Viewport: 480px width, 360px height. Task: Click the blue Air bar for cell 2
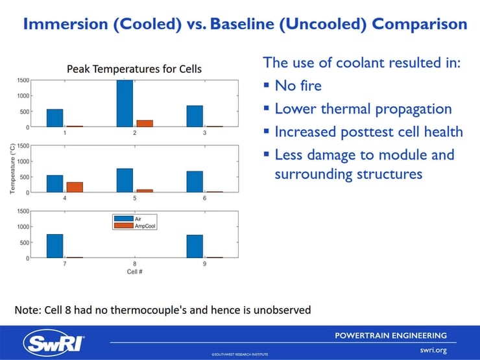pos(125,103)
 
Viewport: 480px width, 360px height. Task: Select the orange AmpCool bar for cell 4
pos(75,187)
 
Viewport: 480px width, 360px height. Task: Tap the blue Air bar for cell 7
pos(54,246)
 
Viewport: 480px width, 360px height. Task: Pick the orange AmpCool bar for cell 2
pos(145,123)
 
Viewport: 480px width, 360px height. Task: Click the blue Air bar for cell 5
pos(125,180)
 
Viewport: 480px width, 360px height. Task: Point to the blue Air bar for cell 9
pos(195,246)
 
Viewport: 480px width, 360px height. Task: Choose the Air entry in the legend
pos(127,219)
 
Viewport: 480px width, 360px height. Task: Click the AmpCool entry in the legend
pos(135,226)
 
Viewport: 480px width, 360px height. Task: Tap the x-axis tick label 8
pos(134,263)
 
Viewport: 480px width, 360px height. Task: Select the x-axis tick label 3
pos(204,133)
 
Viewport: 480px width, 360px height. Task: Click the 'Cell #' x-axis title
pos(134,272)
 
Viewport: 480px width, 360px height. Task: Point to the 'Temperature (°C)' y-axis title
pos(12,169)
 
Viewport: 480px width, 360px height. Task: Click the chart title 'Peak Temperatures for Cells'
pos(134,69)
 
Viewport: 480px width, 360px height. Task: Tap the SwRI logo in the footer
pos(54,343)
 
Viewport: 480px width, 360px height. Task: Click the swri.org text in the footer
pos(433,350)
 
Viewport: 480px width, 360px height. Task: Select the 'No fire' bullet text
pos(298,86)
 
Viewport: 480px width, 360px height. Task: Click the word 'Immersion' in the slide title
pos(66,24)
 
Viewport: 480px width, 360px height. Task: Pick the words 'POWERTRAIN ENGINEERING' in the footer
pos(390,335)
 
